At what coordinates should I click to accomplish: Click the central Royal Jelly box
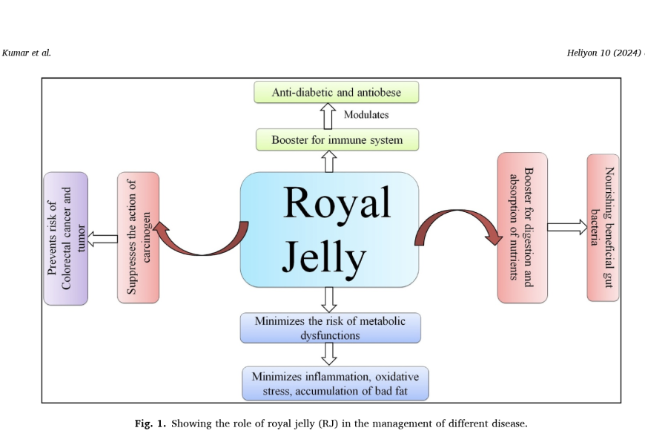coord(329,229)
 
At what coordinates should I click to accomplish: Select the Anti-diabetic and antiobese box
coord(337,92)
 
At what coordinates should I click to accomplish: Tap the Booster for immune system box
coord(337,139)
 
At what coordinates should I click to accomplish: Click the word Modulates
coord(366,115)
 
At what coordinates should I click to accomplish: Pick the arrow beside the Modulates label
coord(329,116)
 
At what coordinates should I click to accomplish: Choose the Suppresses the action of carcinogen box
coord(138,237)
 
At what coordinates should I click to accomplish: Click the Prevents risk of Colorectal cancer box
coord(65,238)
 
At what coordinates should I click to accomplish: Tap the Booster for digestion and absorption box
coord(522,228)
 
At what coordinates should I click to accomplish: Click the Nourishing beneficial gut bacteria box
coord(603,228)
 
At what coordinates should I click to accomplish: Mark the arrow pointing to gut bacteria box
coord(567,228)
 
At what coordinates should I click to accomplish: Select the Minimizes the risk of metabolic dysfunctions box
coord(330,328)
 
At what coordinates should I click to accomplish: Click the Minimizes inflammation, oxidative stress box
coord(335,383)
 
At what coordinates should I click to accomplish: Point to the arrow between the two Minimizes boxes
coord(330,355)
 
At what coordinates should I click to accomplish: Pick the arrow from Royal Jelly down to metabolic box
coord(330,299)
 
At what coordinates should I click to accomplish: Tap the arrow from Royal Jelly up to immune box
coord(330,161)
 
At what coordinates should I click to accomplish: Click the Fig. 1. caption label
coord(150,424)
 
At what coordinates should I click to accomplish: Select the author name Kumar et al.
coord(27,53)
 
